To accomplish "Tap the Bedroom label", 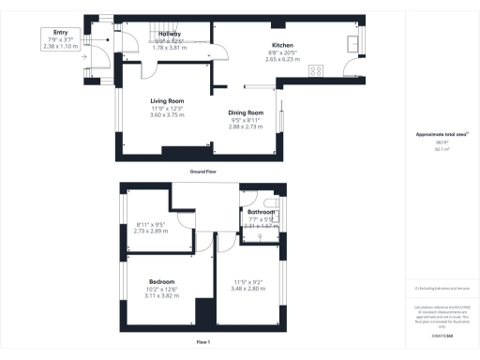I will point(162,281).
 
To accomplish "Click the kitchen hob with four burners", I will point(317,68).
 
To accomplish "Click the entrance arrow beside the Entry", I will point(83,54).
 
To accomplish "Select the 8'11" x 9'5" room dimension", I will point(151,224).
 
